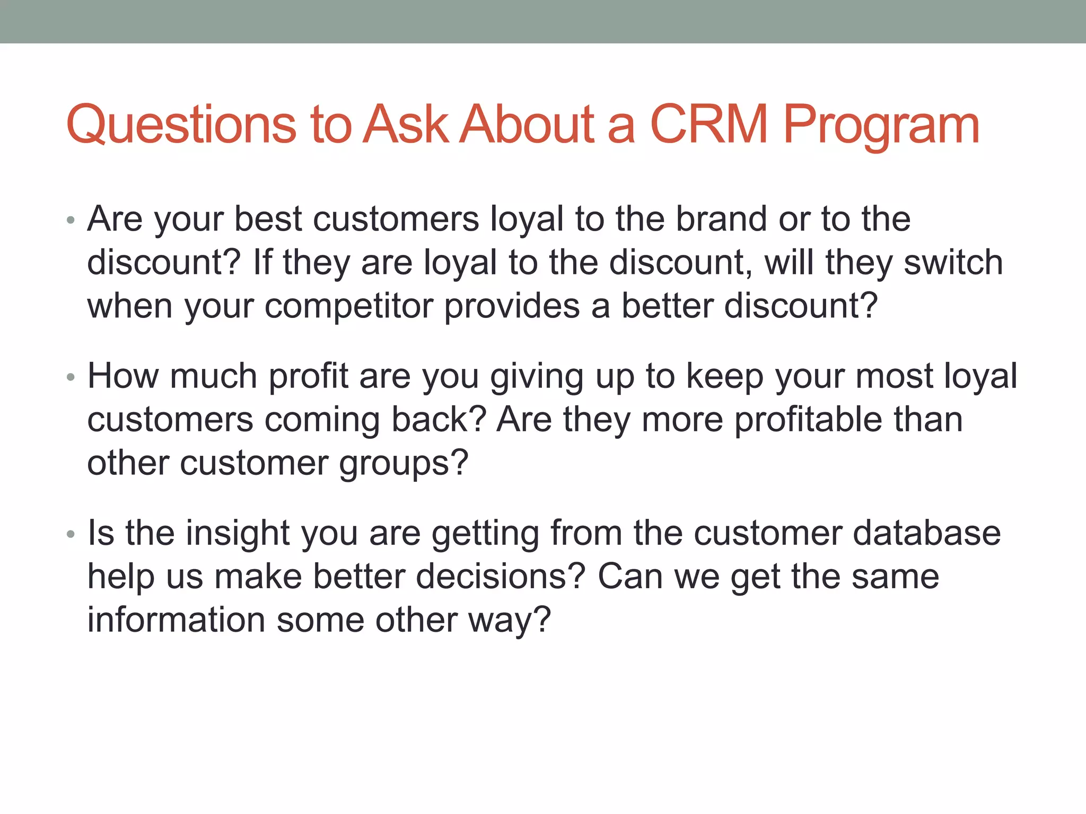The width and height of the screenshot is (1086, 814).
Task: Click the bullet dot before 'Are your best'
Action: coord(71,220)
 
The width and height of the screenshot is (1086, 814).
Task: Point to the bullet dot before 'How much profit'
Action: coord(71,377)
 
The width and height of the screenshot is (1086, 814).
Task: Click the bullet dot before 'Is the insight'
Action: coord(71,534)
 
